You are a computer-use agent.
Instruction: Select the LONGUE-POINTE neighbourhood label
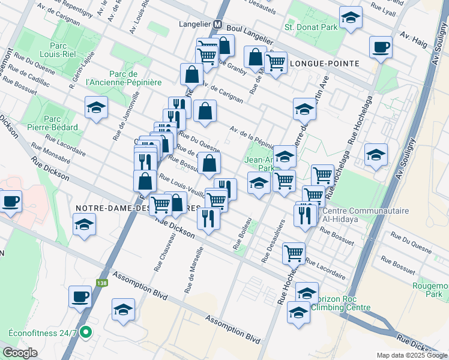(324, 63)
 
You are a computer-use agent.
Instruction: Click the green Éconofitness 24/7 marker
(86, 331)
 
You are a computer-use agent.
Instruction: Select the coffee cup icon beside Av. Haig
(381, 47)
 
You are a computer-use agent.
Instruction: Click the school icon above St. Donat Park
(351, 17)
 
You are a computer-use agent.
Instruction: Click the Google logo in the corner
(20, 352)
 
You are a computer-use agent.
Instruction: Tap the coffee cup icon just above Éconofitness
(80, 295)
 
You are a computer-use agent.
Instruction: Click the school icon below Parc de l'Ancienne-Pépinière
(95, 108)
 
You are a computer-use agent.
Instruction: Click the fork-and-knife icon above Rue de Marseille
(208, 217)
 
